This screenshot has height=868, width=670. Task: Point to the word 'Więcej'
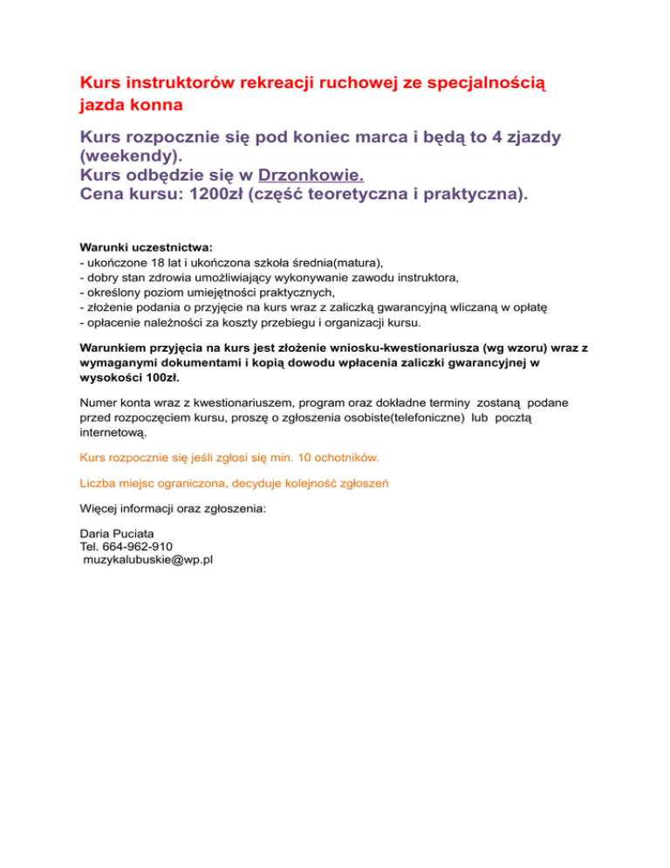[99, 506]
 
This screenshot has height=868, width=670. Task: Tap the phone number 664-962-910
[141, 546]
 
